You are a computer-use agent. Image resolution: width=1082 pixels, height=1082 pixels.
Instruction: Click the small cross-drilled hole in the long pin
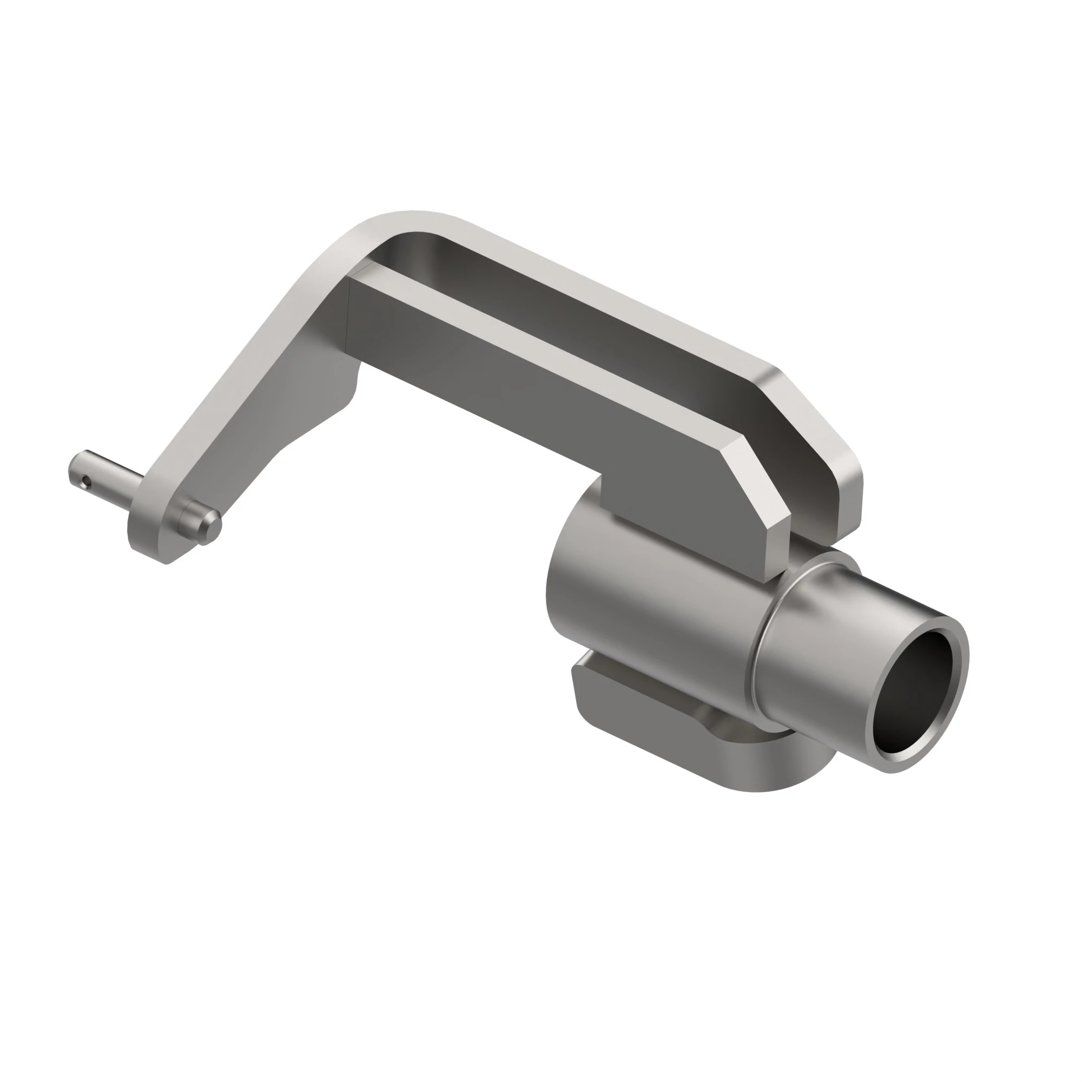pos(84,480)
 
